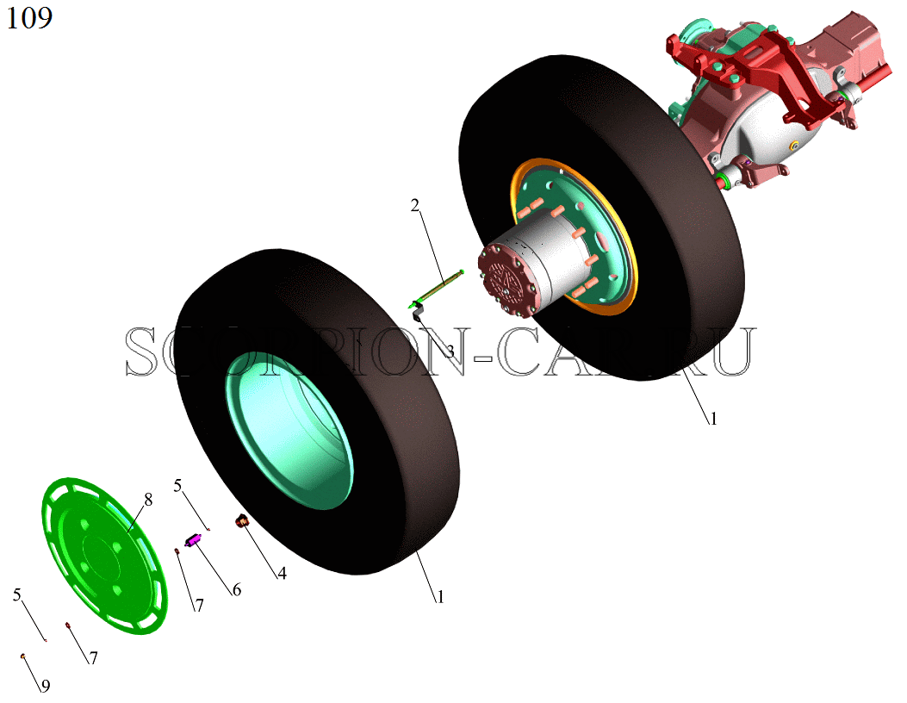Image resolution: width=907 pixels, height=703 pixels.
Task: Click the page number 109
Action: tap(29, 17)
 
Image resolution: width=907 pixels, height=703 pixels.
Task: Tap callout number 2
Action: tap(415, 205)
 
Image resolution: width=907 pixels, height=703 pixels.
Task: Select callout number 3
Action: tap(450, 351)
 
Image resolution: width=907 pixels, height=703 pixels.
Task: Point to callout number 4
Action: tap(282, 574)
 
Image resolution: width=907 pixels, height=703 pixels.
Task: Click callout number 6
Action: tap(237, 589)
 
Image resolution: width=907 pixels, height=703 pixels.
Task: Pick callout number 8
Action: tap(148, 500)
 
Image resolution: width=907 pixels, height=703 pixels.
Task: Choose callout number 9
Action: tap(45, 687)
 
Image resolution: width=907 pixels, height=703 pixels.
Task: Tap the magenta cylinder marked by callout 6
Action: tap(192, 541)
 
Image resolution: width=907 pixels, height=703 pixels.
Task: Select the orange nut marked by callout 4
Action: tap(241, 520)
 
